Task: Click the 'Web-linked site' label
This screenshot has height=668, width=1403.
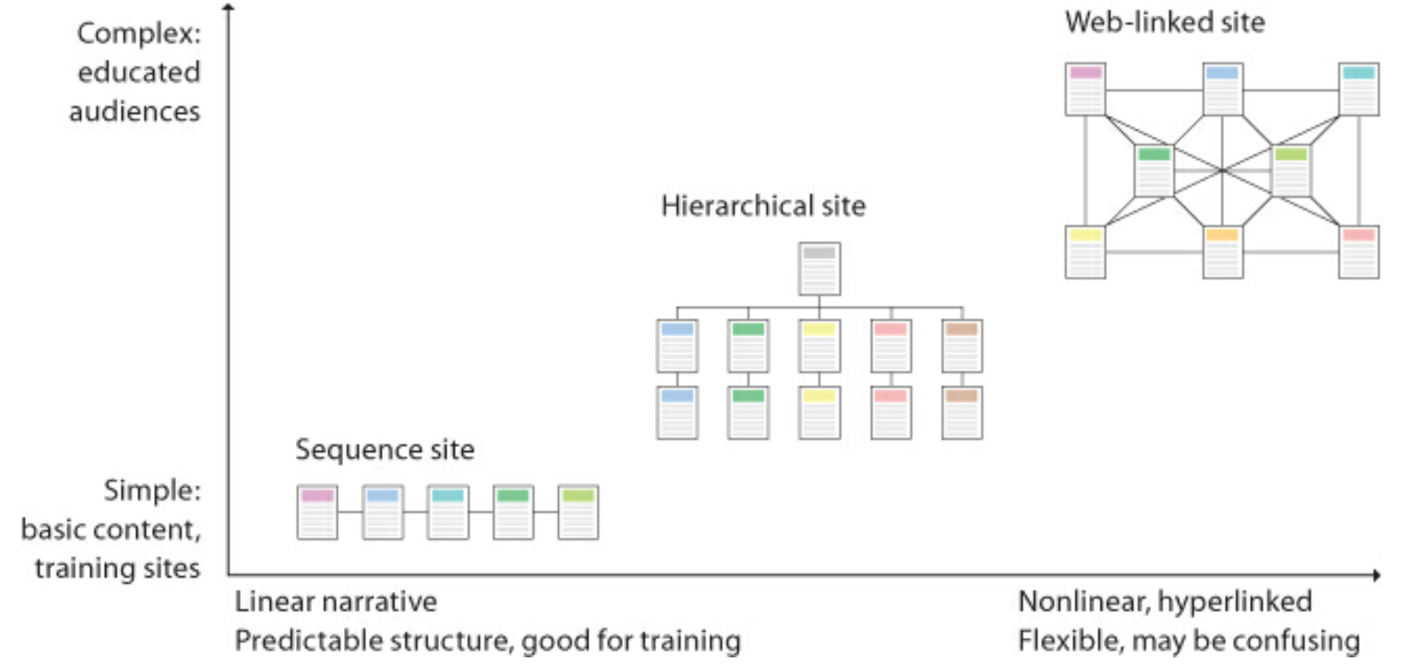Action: pyautogui.click(x=1164, y=22)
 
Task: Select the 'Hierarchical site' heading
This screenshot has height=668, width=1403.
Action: pyautogui.click(x=763, y=206)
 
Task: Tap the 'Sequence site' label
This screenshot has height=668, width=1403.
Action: pyautogui.click(x=385, y=450)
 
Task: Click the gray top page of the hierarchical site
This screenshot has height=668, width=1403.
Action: pyautogui.click(x=819, y=268)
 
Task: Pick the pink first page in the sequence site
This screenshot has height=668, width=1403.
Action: pyautogui.click(x=317, y=512)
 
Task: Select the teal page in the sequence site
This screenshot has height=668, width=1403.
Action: pyautogui.click(x=448, y=512)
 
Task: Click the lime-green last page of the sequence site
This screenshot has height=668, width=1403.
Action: pyautogui.click(x=578, y=512)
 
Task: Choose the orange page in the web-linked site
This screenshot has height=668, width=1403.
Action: pyautogui.click(x=1222, y=252)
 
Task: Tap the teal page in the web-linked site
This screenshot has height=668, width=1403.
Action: pyautogui.click(x=1358, y=89)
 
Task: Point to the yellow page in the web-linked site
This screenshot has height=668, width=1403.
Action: pyautogui.click(x=1085, y=252)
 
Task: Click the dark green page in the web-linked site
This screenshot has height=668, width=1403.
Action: pyautogui.click(x=1154, y=171)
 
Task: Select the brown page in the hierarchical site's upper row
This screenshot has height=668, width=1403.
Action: pyautogui.click(x=962, y=346)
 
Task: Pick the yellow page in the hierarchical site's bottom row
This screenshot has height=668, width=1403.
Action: pyautogui.click(x=819, y=413)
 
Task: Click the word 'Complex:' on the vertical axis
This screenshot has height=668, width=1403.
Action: pyautogui.click(x=139, y=34)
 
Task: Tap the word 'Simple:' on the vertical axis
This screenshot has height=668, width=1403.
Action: pyautogui.click(x=152, y=490)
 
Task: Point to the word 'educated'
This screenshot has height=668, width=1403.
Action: pyautogui.click(x=139, y=72)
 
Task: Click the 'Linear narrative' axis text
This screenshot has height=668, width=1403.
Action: pyautogui.click(x=335, y=602)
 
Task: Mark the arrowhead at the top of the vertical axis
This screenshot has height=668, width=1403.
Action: pyautogui.click(x=229, y=8)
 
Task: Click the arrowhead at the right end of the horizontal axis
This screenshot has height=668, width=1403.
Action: pyautogui.click(x=1376, y=575)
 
